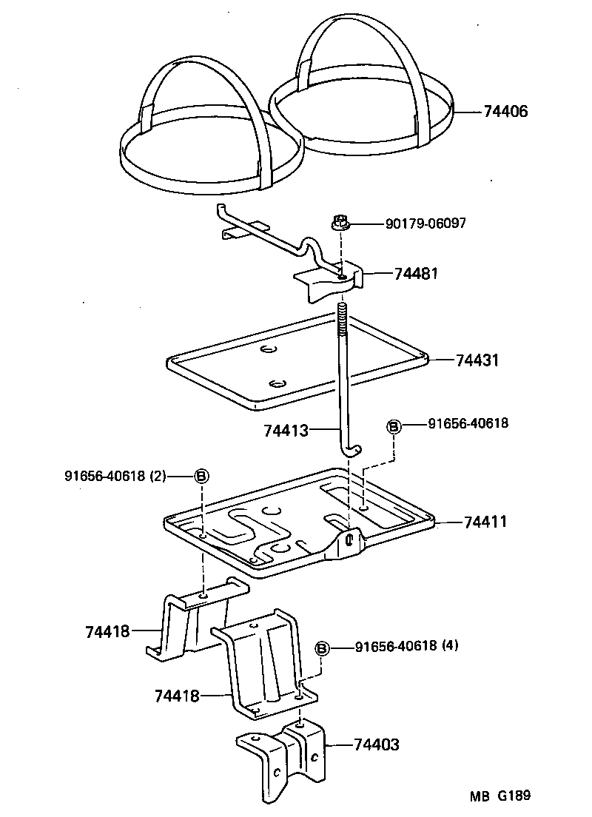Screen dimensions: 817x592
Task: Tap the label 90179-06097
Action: click(x=425, y=223)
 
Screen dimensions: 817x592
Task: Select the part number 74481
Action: click(x=417, y=273)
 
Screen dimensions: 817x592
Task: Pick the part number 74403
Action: click(x=377, y=744)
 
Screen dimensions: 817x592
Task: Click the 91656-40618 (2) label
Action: click(x=115, y=476)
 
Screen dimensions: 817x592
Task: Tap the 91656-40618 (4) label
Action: click(x=407, y=645)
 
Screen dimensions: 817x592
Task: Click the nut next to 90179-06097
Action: click(x=340, y=222)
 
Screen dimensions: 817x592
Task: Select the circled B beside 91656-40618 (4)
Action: click(x=323, y=648)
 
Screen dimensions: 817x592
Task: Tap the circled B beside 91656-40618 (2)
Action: click(x=201, y=476)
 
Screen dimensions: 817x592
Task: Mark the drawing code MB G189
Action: click(x=500, y=796)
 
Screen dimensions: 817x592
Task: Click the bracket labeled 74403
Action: click(x=281, y=762)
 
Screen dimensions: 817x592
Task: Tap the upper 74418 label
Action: click(x=107, y=631)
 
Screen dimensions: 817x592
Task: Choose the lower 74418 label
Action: click(x=178, y=696)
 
